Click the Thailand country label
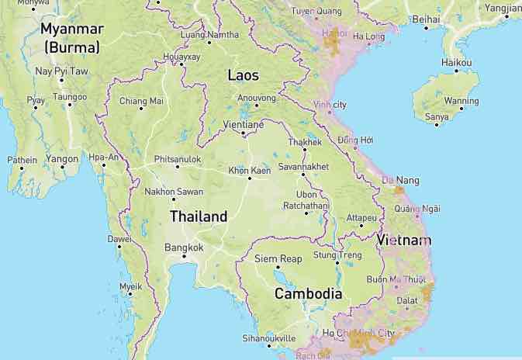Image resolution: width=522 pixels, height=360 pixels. click(199, 216)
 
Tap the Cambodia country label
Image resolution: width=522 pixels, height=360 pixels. click(308, 294)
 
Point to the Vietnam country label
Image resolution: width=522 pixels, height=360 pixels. click(403, 241)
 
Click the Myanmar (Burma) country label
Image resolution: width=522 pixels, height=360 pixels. click(71, 37)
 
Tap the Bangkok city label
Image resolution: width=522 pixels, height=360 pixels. click(184, 247)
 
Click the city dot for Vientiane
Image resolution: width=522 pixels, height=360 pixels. click(243, 133)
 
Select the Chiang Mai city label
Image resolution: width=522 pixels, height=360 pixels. click(141, 100)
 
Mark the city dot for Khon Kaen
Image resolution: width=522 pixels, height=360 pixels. click(249, 178)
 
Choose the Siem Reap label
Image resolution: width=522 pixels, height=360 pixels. click(278, 258)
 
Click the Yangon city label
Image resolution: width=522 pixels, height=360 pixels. click(62, 158)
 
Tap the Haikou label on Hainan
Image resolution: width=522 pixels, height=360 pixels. click(456, 61)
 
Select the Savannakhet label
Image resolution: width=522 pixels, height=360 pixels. click(303, 166)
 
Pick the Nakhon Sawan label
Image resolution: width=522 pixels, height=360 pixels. click(175, 192)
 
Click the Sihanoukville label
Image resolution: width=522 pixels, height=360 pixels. click(269, 338)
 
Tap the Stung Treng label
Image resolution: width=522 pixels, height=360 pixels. click(337, 254)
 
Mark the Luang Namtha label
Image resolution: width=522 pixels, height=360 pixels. click(209, 35)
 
